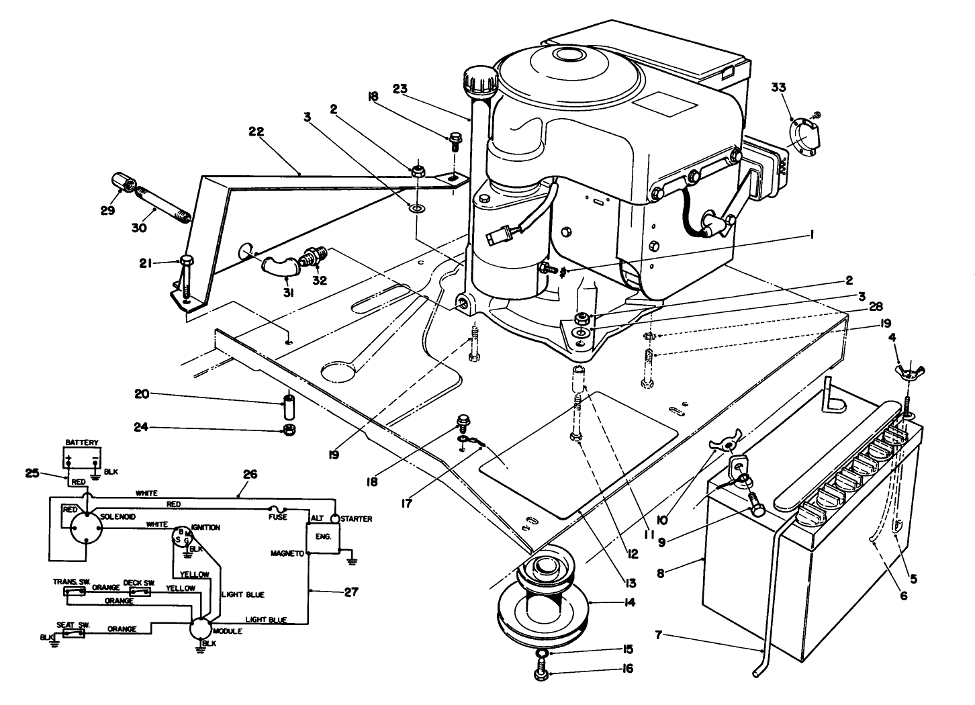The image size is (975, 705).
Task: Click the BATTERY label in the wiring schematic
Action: (x=82, y=442)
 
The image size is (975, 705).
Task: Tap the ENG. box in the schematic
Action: (x=323, y=536)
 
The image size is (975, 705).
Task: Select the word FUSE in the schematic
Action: (x=278, y=517)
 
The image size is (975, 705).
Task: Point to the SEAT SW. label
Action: (x=73, y=624)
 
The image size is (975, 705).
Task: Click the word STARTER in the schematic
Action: (x=357, y=519)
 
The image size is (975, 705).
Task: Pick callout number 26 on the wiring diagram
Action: (x=250, y=474)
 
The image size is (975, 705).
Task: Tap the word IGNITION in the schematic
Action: (x=205, y=528)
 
